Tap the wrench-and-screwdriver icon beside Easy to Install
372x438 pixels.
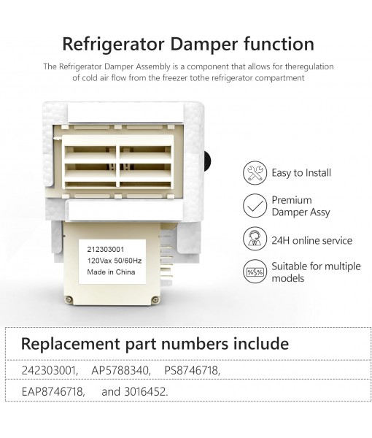pos(254,172)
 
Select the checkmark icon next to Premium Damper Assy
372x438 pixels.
pos(254,206)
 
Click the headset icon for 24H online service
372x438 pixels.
pos(254,239)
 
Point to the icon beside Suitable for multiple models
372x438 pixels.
pos(254,272)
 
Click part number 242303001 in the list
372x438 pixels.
pos(48,371)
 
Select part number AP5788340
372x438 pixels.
pos(121,371)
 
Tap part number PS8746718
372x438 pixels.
pos(192,371)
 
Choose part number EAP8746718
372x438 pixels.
pos(53,391)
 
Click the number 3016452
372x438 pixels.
pos(145,391)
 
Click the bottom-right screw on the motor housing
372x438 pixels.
pos(155,299)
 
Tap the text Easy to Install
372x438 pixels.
pos(301,173)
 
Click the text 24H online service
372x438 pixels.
pos(311,240)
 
